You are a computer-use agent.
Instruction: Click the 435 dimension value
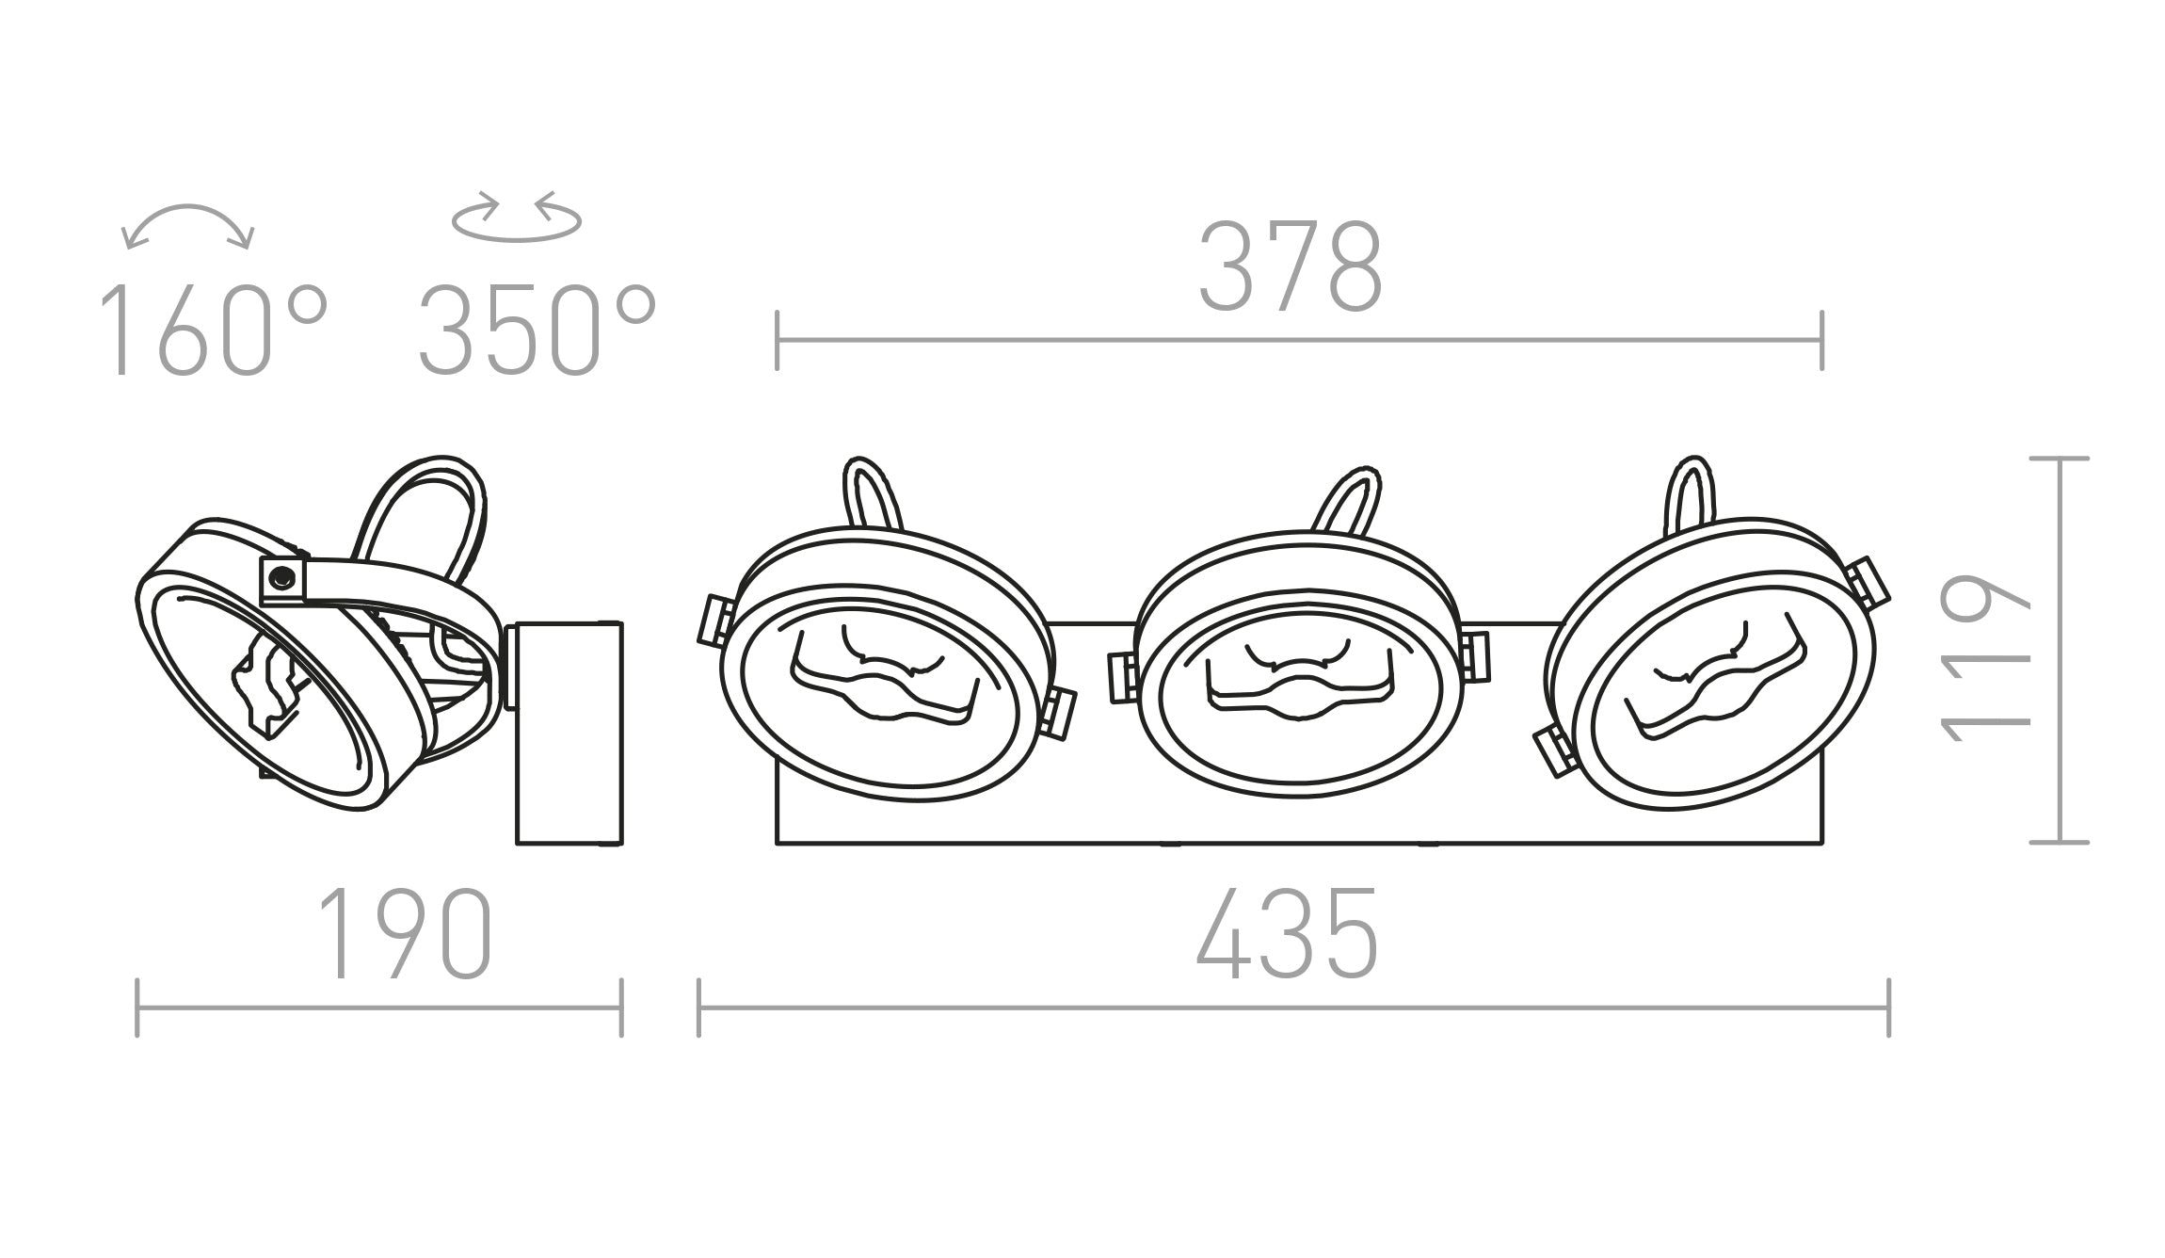point(1287,934)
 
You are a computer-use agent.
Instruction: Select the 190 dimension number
point(405,934)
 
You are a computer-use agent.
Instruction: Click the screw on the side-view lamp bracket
point(280,578)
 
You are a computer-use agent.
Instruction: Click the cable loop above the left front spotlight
point(872,492)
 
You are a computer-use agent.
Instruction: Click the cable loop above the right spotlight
point(1691,490)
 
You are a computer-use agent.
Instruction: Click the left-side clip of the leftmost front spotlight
point(714,621)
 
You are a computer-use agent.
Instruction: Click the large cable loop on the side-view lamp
point(424,513)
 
